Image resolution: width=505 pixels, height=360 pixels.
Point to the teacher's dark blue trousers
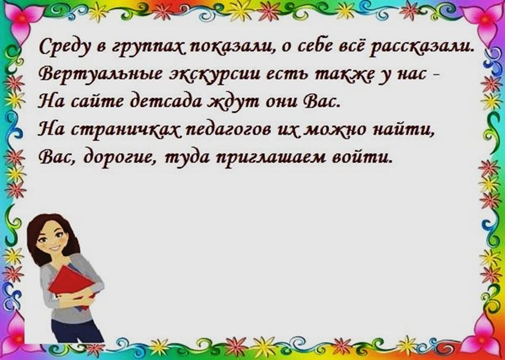[x=77, y=330]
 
